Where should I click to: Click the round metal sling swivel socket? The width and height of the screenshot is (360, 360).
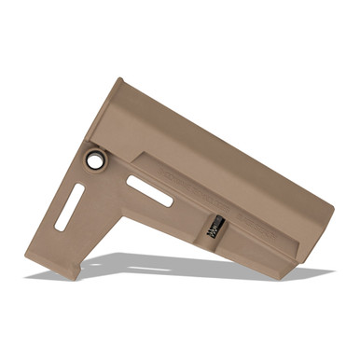[x=95, y=159]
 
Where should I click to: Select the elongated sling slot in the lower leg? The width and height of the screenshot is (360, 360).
[x=70, y=207]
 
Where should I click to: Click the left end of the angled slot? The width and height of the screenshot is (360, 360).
[x=132, y=180]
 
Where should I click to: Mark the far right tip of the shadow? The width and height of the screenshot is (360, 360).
[x=330, y=271]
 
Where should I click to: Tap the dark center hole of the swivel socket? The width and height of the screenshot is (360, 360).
[x=95, y=159]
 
